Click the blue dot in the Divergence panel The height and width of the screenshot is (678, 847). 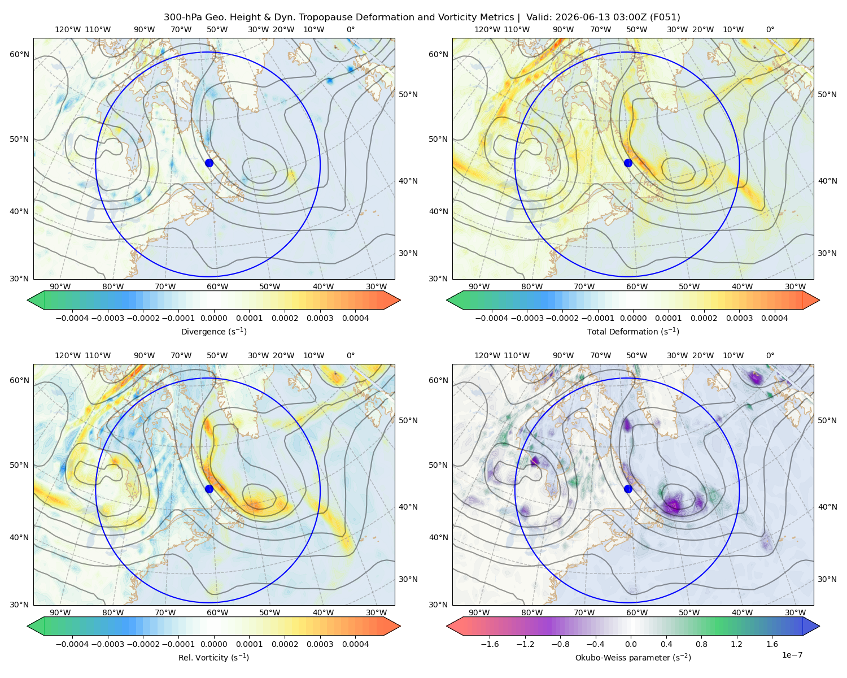[x=209, y=163]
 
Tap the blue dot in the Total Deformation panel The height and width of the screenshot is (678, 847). [x=628, y=163]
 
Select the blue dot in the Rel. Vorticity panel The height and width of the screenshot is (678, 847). [x=209, y=489]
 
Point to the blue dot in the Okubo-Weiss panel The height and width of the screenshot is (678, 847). [x=628, y=489]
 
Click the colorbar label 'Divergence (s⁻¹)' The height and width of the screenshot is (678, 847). [x=213, y=331]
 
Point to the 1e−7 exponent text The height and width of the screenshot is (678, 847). [x=792, y=655]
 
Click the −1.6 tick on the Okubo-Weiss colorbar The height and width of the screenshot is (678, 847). [x=490, y=644]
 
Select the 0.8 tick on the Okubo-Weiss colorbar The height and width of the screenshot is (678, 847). [x=701, y=644]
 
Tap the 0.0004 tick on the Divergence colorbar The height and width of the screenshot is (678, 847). [x=355, y=318]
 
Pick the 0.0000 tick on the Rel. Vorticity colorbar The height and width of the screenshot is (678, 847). [x=213, y=644]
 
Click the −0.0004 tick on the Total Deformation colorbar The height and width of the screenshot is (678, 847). [x=492, y=318]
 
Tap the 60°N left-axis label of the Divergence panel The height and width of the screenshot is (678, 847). [x=19, y=54]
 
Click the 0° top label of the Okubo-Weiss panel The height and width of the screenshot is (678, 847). [x=770, y=355]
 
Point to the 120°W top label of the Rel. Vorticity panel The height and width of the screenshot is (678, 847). [x=68, y=355]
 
